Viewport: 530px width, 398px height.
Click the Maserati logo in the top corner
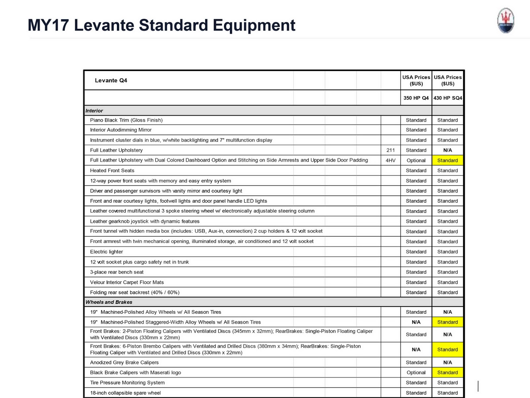point(505,21)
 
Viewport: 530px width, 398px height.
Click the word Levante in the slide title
point(103,25)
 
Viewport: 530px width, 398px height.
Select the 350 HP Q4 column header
point(416,98)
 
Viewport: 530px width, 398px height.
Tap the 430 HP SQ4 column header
point(448,98)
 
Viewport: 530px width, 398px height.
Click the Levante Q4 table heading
point(111,80)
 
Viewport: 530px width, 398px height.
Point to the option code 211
point(391,150)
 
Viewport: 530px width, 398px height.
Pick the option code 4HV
point(391,161)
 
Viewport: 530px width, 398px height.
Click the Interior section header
point(94,111)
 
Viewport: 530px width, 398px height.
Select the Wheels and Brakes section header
point(109,302)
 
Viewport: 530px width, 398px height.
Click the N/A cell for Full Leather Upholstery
point(448,150)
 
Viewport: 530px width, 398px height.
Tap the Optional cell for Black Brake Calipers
point(416,372)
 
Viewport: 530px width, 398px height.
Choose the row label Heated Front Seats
point(112,170)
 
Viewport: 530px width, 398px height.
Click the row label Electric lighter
point(106,252)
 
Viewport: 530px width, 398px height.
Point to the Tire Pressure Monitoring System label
point(127,382)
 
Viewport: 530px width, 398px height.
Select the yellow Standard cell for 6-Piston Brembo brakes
point(448,350)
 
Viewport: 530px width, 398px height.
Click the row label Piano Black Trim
point(126,120)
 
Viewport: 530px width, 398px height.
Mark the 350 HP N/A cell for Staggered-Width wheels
point(416,322)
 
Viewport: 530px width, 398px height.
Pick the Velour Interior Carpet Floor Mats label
point(127,282)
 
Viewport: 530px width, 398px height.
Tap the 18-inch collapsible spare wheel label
point(125,393)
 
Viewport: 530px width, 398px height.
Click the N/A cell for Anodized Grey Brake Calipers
point(448,363)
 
